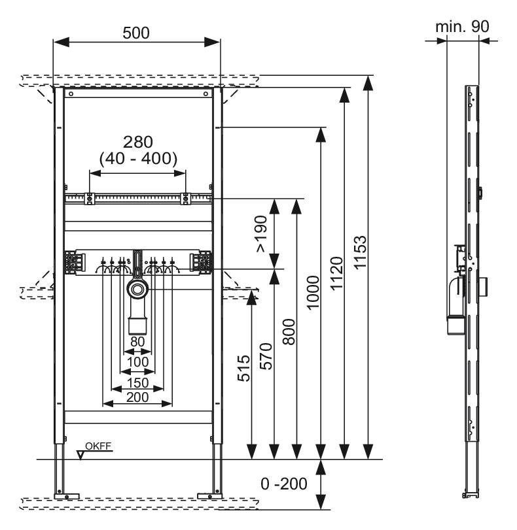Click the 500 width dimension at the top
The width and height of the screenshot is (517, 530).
pos(136,33)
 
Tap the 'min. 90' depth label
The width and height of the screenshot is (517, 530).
pos(462,27)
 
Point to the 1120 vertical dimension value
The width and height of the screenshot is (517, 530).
pos(336,274)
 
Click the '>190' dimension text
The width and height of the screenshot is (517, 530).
pos(261,233)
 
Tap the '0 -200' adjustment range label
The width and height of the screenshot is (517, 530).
pos(283,484)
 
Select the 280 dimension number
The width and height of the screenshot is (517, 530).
pos(138,141)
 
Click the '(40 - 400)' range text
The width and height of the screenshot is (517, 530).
pos(138,158)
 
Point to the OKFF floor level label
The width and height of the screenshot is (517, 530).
pos(99,446)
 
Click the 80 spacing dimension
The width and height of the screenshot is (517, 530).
pos(137,340)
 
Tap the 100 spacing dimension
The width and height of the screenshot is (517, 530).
pos(137,361)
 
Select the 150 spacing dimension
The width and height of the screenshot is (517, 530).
pos(137,382)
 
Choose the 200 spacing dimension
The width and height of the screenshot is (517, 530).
pos(137,397)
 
